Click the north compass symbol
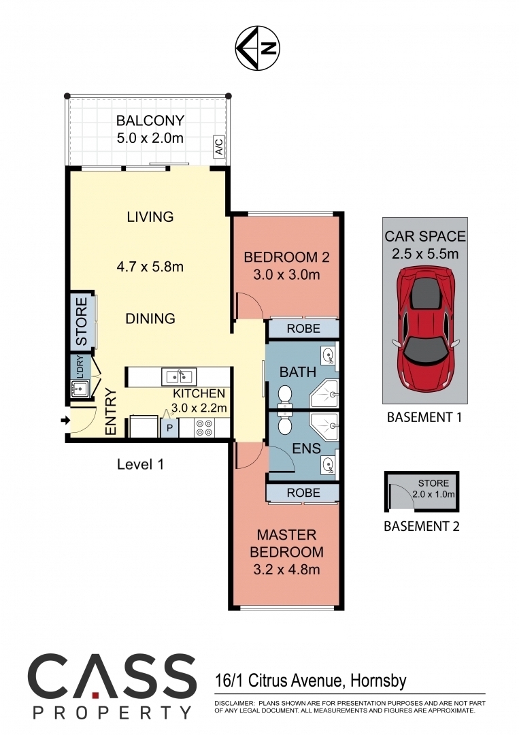point(257,48)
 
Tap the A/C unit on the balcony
point(219,146)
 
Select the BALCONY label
point(150,120)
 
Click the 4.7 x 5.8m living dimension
point(150,267)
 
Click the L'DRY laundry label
point(80,367)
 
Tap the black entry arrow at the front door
point(65,421)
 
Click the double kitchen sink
point(179,376)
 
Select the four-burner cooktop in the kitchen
point(204,427)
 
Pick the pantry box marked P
point(169,427)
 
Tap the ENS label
point(306,448)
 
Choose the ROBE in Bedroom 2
point(303,329)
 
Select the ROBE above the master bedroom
point(303,493)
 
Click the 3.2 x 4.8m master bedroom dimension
point(286,570)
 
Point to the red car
point(426,329)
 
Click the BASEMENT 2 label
point(422,526)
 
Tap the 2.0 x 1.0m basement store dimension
point(434,494)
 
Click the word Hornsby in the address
point(378,680)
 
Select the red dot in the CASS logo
point(95,691)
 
